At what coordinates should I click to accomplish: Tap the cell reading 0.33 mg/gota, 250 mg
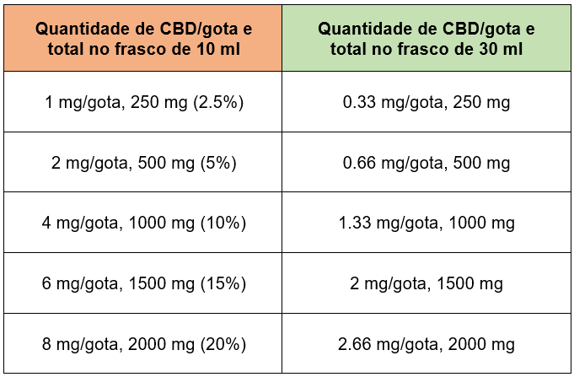click(426, 103)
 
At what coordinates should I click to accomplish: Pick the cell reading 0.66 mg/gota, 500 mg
click(426, 163)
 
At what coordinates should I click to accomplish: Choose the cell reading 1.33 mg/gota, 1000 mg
click(426, 224)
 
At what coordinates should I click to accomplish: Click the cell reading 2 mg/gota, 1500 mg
click(426, 284)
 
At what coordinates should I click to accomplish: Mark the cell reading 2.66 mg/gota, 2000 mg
click(426, 344)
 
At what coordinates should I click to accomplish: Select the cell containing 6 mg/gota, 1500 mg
click(142, 284)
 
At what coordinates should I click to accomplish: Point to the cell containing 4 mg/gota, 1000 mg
click(142, 224)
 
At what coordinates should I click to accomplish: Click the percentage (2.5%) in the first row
click(218, 103)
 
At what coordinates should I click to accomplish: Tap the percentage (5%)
click(215, 163)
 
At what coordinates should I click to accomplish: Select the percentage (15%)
click(223, 284)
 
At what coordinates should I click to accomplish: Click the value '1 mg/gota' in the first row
click(81, 103)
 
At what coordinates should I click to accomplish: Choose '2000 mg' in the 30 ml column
click(484, 344)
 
